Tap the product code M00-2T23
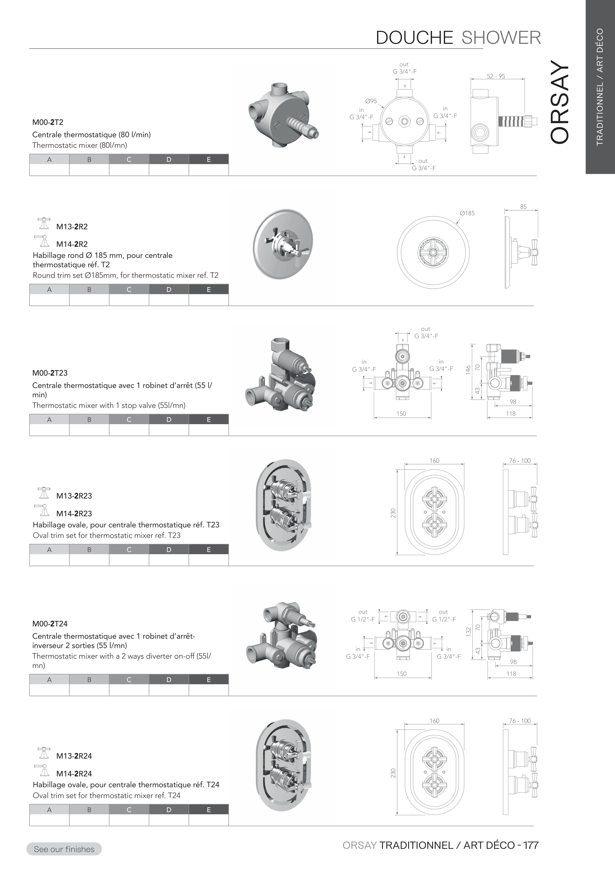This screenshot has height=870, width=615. click(50, 373)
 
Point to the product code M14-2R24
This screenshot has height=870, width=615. click(74, 773)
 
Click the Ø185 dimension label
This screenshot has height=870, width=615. click(467, 213)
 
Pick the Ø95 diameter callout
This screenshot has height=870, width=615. click(371, 101)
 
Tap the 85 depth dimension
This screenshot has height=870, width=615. click(523, 207)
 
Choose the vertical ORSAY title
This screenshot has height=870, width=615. click(559, 102)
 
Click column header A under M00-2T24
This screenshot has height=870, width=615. click(49, 679)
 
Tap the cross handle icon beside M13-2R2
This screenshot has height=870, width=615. click(44, 224)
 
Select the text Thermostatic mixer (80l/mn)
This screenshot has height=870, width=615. click(80, 145)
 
